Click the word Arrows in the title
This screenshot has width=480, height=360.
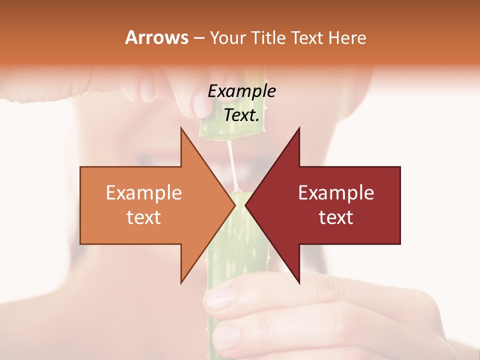(x=156, y=38)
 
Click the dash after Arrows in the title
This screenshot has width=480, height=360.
(x=198, y=38)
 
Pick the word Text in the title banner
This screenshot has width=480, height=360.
(x=307, y=38)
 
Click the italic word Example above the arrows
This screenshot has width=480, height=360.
(x=241, y=91)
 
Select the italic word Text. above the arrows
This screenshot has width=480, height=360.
(x=241, y=115)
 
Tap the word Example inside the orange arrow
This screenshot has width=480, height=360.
(x=143, y=193)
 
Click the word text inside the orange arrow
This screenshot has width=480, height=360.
(x=143, y=217)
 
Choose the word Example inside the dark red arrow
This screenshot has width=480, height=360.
(x=336, y=193)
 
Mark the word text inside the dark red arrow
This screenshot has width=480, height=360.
(x=336, y=217)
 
